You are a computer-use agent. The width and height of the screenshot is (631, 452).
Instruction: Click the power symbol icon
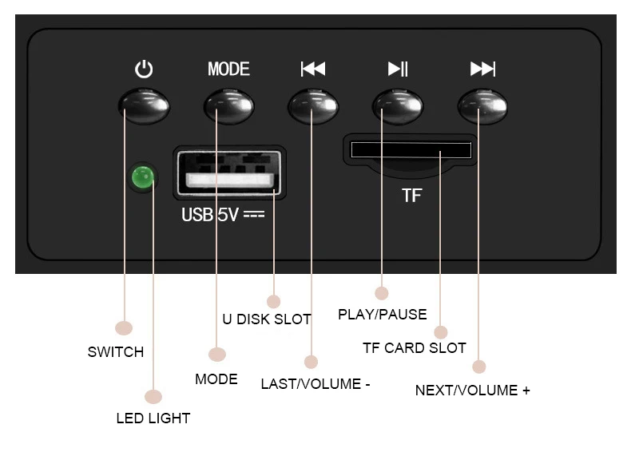(144, 69)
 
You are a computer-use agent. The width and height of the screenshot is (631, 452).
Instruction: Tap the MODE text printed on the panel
(228, 69)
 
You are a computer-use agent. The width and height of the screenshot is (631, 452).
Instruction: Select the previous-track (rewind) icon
(313, 69)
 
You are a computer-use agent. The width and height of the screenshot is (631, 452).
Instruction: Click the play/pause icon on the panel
(398, 69)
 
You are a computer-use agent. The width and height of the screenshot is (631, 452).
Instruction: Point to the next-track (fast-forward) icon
(483, 69)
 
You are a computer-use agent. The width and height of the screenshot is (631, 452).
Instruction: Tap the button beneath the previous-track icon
(313, 106)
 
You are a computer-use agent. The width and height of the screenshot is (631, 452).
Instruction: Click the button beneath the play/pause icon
(398, 106)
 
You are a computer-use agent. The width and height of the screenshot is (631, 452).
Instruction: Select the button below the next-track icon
(482, 106)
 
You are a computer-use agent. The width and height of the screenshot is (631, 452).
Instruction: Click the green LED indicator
(143, 177)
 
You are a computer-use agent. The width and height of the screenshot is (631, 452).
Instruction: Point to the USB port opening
(229, 173)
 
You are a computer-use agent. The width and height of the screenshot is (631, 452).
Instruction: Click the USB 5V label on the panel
(223, 215)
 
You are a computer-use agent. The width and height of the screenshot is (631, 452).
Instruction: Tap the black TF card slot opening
(411, 149)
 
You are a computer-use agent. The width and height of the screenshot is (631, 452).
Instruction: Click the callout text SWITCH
(116, 352)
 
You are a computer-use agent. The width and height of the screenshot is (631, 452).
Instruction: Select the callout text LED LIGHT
(153, 418)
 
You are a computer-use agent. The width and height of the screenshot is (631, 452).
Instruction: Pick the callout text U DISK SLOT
(267, 319)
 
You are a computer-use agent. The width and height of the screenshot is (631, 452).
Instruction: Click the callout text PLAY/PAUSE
(383, 315)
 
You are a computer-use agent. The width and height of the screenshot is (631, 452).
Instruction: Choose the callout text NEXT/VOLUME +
(472, 391)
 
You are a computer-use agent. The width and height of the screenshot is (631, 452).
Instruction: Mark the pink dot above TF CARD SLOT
(441, 332)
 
